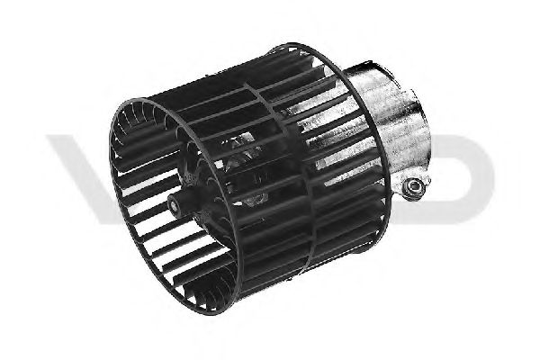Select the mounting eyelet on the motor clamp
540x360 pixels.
[413, 188]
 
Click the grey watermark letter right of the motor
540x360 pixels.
[463, 171]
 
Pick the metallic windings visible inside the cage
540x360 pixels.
[238, 162]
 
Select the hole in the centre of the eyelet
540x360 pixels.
[413, 188]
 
